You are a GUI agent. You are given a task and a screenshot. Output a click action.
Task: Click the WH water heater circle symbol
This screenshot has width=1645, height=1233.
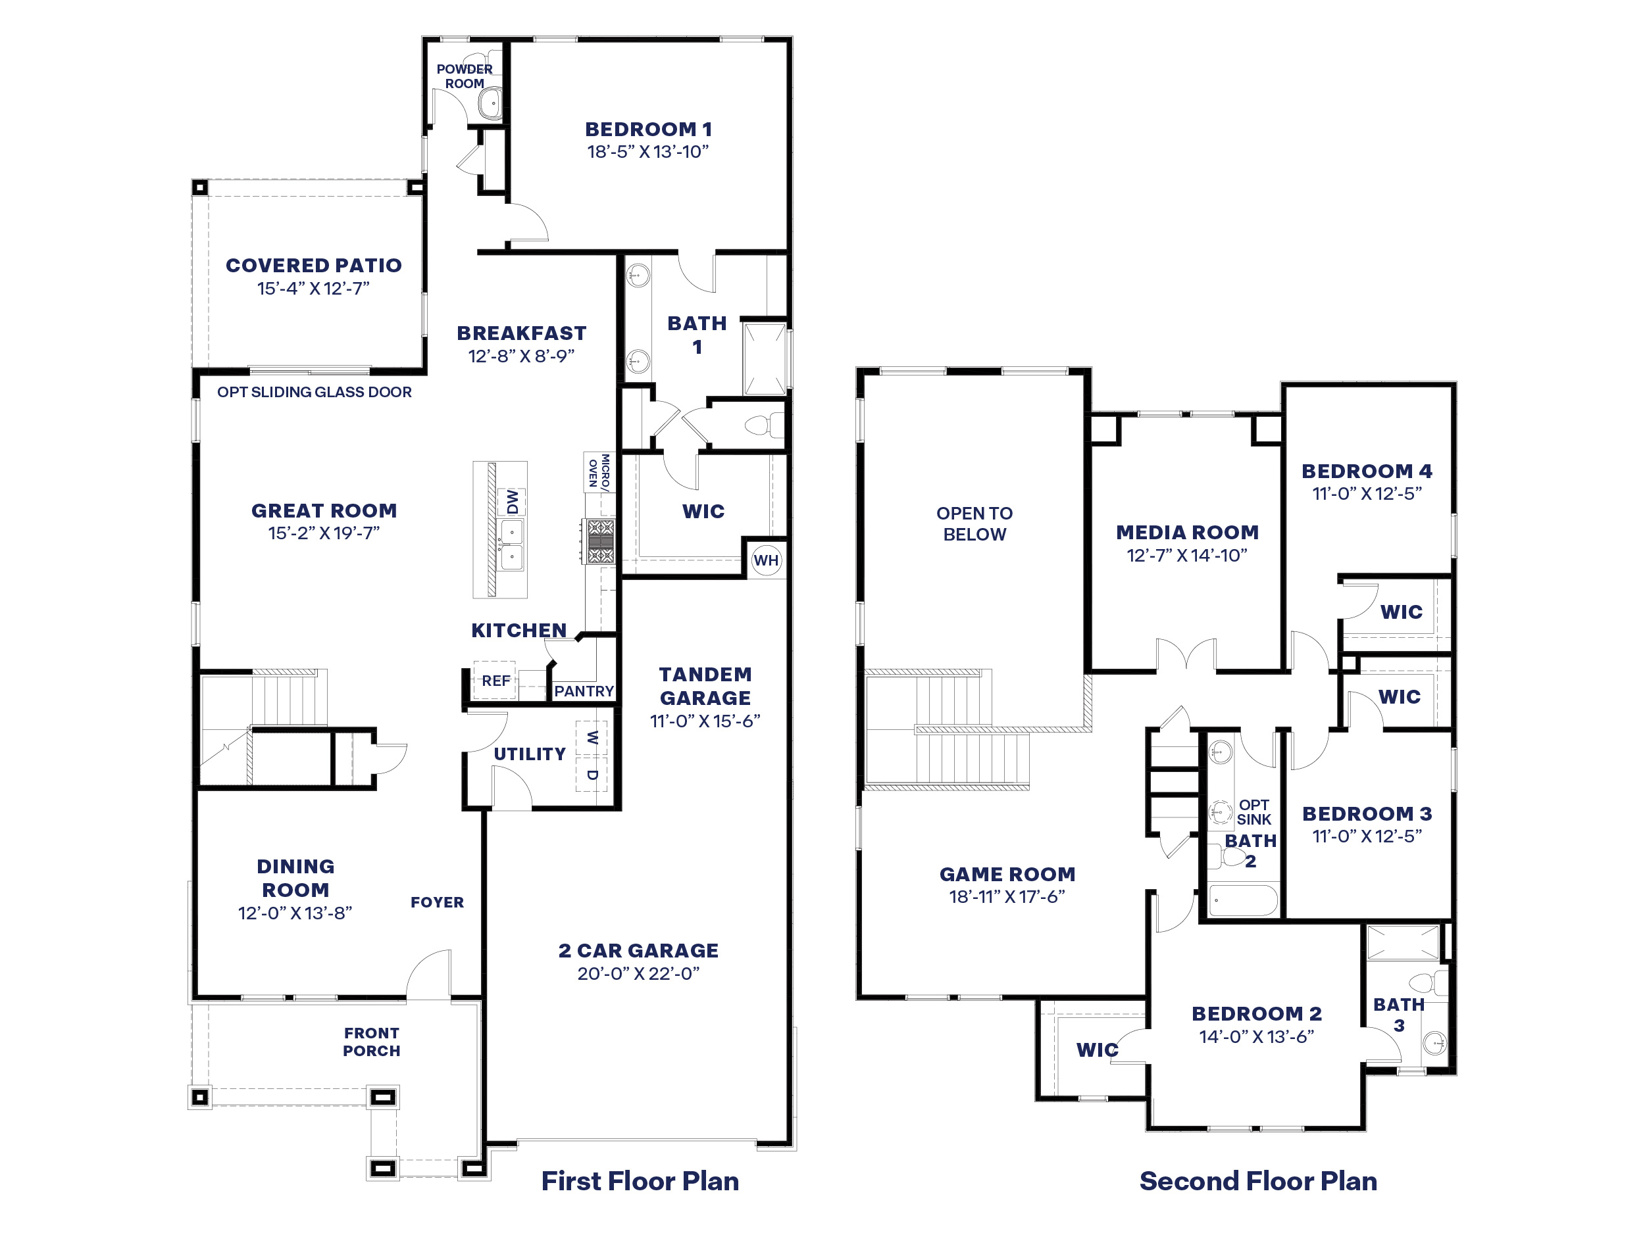pos(765,560)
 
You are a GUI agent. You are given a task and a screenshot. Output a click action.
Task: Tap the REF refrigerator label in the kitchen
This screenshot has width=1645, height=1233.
pos(495,680)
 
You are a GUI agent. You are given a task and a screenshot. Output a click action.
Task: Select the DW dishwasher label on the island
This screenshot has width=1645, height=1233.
pos(513,502)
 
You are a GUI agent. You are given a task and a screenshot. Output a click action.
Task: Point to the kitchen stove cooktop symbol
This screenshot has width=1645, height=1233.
pos(600,541)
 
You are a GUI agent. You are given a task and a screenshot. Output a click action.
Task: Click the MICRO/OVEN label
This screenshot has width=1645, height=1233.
pos(598,472)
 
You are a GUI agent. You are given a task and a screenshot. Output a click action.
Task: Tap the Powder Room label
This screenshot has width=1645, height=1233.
pos(464,76)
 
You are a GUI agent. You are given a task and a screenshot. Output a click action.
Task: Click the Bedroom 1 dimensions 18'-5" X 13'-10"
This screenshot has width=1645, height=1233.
pos(647,152)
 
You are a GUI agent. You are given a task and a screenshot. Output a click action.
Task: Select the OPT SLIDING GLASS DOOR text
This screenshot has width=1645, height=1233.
pos(314,392)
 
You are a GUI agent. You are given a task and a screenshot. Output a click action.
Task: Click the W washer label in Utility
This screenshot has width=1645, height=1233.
pos(592,737)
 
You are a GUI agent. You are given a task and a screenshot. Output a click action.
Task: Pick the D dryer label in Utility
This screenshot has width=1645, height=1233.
pos(592,775)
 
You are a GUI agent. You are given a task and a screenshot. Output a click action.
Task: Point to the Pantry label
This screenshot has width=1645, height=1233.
pos(583,690)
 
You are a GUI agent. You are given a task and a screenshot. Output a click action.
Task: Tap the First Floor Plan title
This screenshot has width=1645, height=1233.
pos(640,1180)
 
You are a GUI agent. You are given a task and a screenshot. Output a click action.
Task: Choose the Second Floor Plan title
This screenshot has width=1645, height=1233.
pos(1257,1180)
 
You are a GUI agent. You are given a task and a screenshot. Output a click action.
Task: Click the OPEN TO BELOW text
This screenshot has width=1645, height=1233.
pos(974,523)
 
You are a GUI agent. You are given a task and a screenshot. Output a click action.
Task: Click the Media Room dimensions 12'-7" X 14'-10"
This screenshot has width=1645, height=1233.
pos(1186,555)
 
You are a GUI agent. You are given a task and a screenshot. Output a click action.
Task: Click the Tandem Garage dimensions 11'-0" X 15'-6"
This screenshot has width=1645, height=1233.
pos(704,721)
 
